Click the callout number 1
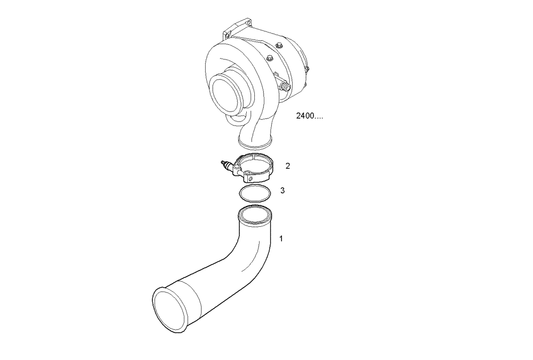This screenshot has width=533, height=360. coord(281,239)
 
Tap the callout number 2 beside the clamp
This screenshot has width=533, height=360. coord(288,166)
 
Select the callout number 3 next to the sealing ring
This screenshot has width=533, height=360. coord(282,190)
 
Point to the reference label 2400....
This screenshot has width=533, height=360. coord(309,116)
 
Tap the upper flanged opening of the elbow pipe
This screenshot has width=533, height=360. coord(255,215)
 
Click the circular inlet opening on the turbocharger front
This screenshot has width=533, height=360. coord(226,94)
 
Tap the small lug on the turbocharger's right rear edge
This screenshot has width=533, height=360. coord(307,68)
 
